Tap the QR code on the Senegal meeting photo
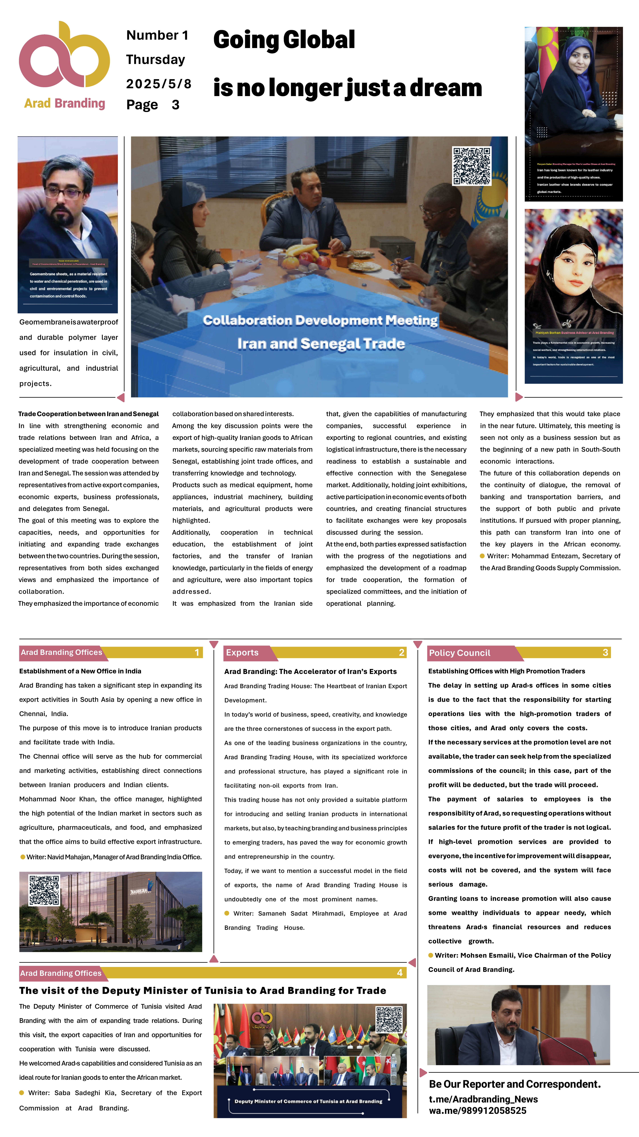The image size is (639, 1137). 471,166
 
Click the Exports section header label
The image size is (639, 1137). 242,652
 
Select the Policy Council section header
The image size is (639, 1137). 460,653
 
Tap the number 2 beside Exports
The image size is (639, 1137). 401,652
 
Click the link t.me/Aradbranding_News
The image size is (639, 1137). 483,1099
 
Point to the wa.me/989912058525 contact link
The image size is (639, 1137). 478,1111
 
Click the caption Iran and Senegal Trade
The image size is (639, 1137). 321,343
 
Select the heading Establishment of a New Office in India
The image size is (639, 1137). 80,671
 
